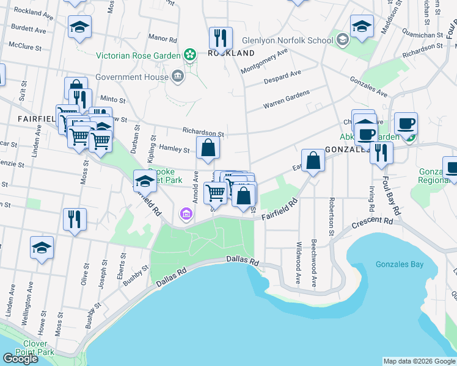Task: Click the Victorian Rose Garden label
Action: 137,56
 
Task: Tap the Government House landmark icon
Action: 177,76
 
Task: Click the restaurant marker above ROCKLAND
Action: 221,38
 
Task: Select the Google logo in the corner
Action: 20,359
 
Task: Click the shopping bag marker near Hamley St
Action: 208,148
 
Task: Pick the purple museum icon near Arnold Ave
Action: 186,215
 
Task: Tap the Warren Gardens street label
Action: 287,100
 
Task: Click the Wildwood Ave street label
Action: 298,270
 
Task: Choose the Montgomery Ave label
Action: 264,61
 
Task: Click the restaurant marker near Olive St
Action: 75,219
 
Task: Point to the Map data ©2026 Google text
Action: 419,361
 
